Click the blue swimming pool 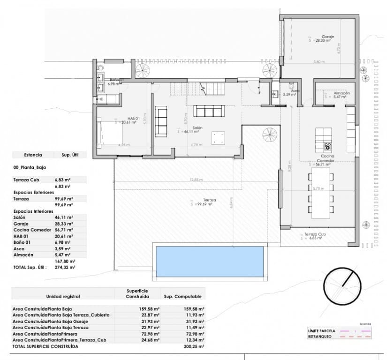click(x=209, y=261)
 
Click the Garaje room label click(x=327, y=37)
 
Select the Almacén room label click(x=341, y=93)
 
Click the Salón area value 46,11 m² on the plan click(x=190, y=132)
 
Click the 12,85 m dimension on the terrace click(x=196, y=180)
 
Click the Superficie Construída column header click(x=137, y=293)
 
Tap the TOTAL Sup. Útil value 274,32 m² click(x=65, y=267)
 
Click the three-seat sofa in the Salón click(x=209, y=111)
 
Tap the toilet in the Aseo click(x=292, y=86)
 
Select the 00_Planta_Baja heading click(x=30, y=166)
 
